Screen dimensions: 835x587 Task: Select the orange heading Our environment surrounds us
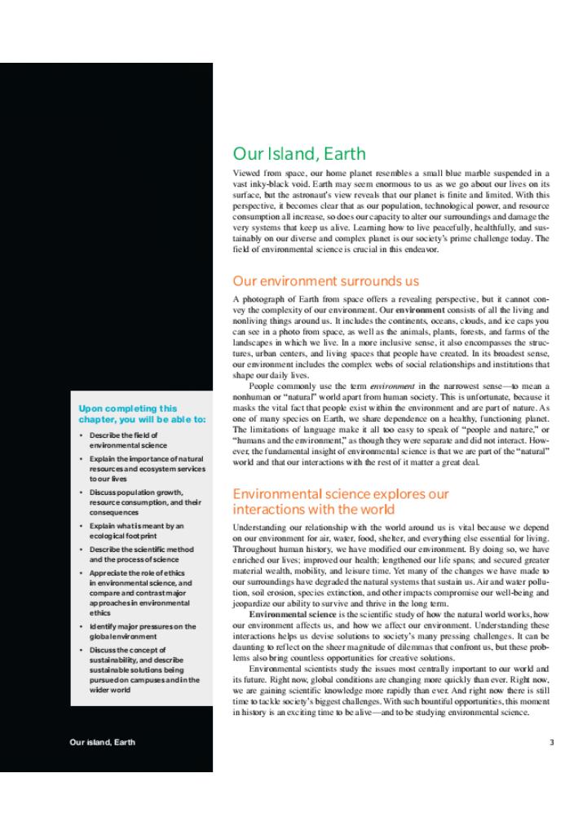coord(326,281)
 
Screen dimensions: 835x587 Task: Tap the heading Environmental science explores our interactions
coord(341,501)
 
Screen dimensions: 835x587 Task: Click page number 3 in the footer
coord(550,742)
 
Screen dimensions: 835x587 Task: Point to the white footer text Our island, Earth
coord(102,742)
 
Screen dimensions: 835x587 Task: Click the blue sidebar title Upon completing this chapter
coord(142,413)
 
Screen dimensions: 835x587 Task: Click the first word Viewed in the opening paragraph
coord(246,173)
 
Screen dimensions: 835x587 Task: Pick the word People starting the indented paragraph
coord(262,385)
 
